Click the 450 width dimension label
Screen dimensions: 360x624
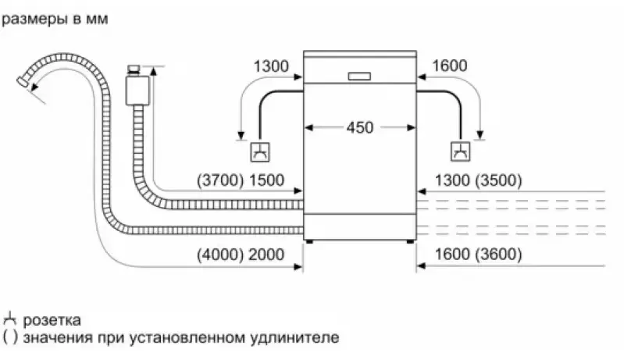360,127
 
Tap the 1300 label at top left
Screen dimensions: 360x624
269,66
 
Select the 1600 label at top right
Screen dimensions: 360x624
449,66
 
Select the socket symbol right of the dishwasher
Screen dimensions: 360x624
461,151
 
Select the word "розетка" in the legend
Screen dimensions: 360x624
52,320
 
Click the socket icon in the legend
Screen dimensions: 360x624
10,319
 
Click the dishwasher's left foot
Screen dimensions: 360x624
310,241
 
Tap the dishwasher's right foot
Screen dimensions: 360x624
409,241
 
